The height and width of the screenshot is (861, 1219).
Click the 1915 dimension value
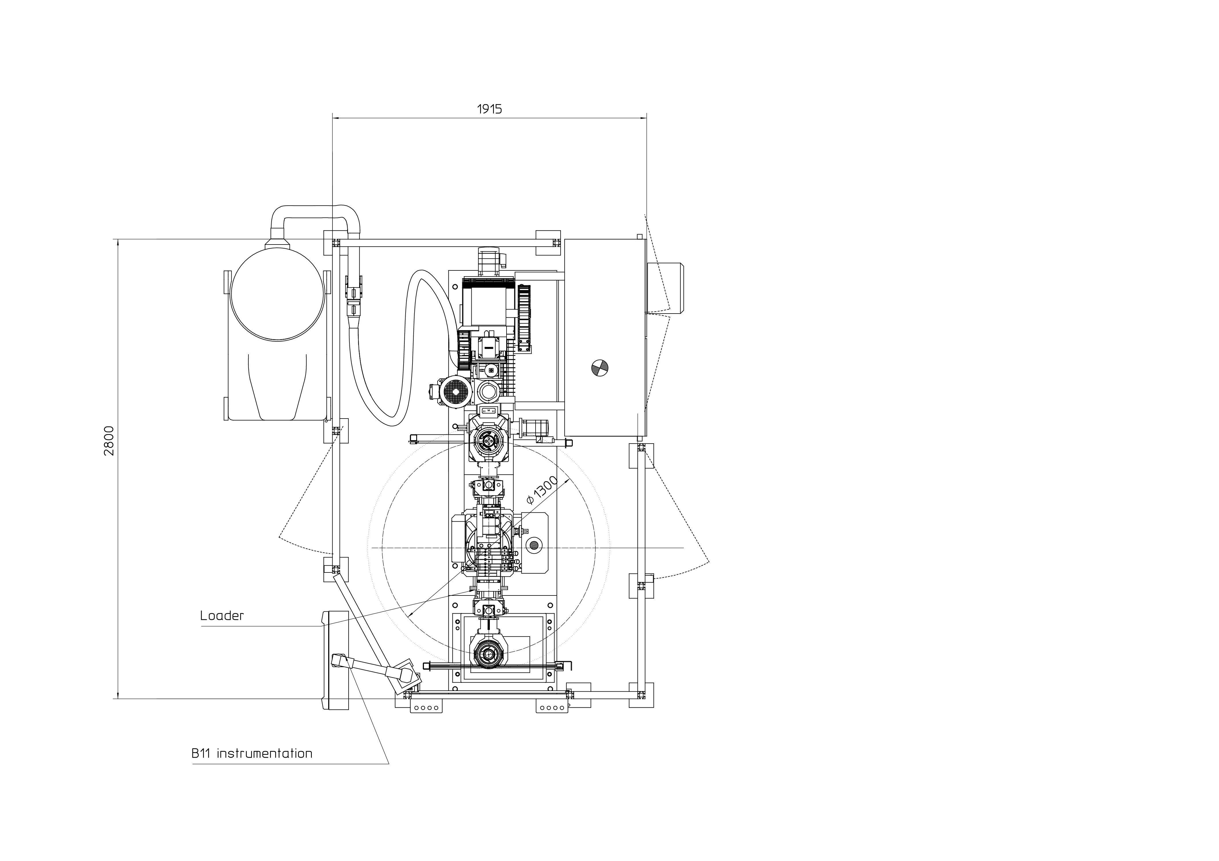coord(490,109)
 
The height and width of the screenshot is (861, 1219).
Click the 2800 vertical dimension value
coord(109,441)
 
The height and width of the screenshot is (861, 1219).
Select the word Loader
coord(222,616)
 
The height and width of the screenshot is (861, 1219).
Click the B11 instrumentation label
coord(252,753)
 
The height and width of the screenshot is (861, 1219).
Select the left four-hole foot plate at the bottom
coord(426,708)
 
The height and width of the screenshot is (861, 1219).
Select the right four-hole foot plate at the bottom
coord(552,708)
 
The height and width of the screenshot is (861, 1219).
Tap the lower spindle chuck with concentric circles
coord(487,654)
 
